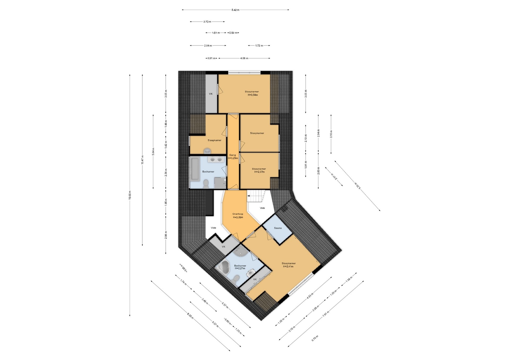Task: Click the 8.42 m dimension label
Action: (x=235, y=10)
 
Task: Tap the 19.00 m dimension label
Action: (x=130, y=195)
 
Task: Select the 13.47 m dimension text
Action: (x=142, y=160)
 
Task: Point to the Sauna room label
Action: (x=278, y=228)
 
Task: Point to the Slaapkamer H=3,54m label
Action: (x=252, y=93)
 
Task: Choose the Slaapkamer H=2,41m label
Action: (x=288, y=265)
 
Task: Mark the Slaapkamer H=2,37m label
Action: (x=259, y=170)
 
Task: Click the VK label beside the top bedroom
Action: (x=211, y=94)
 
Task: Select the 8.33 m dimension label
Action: (x=190, y=317)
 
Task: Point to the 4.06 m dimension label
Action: (x=244, y=58)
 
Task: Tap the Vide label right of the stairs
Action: (x=262, y=208)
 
